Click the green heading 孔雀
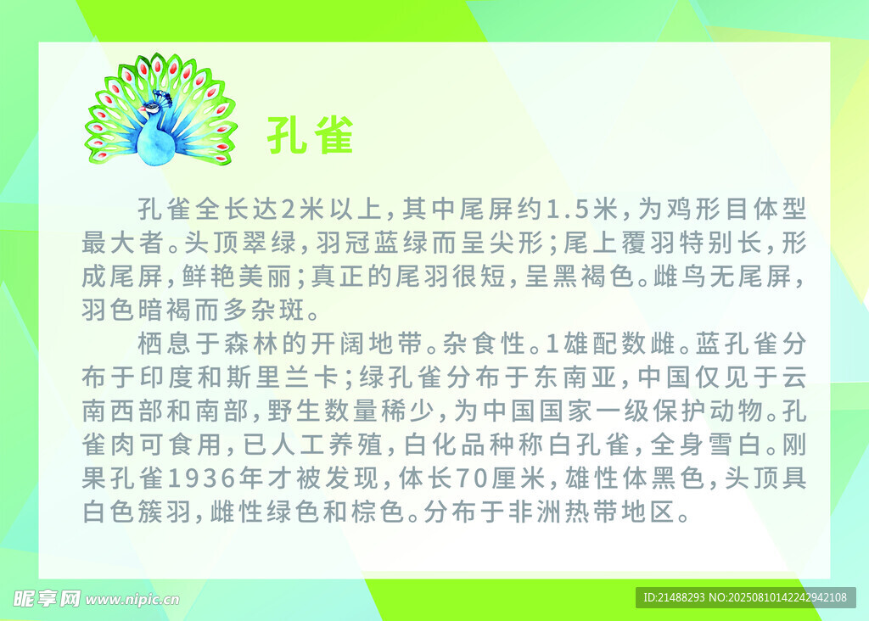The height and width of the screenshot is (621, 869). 311,135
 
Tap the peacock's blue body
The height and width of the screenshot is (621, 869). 156,144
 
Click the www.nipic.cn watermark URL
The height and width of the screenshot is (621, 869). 132,600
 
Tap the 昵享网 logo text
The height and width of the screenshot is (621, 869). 47,599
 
